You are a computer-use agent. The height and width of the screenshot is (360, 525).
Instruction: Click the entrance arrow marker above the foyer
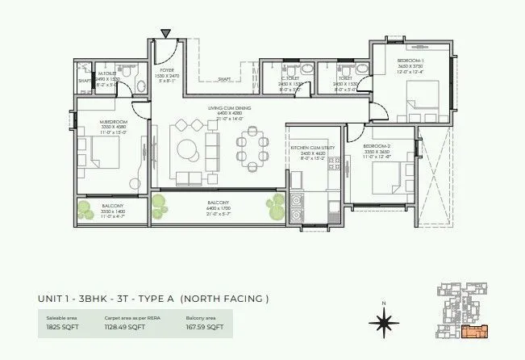[165, 33]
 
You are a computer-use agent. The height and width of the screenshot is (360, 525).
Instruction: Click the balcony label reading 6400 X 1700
[219, 207]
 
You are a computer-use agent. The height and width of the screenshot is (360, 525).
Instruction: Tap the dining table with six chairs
[251, 149]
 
